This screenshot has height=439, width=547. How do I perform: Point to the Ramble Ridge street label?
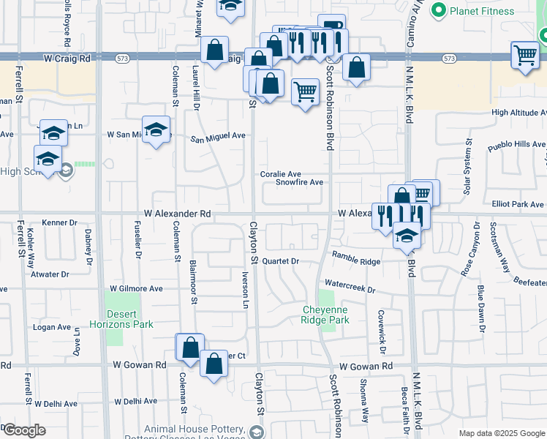point(356,261)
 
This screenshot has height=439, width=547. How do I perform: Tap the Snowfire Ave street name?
point(299,182)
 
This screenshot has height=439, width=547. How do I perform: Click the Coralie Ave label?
point(282,174)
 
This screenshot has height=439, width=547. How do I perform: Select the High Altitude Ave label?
point(518,113)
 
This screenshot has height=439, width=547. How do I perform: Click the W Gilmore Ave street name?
point(136,289)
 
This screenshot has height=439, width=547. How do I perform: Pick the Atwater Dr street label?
point(49,275)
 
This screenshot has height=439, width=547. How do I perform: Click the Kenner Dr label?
point(59,222)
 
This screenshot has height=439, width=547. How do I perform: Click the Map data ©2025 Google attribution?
point(501,433)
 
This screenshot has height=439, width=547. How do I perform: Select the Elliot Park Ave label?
point(518,205)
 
